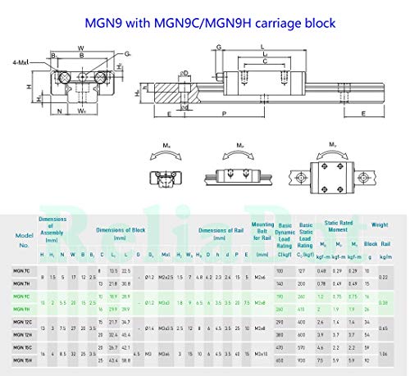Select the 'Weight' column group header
point(378,224)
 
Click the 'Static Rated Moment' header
point(337,224)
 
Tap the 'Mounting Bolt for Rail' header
point(262,229)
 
